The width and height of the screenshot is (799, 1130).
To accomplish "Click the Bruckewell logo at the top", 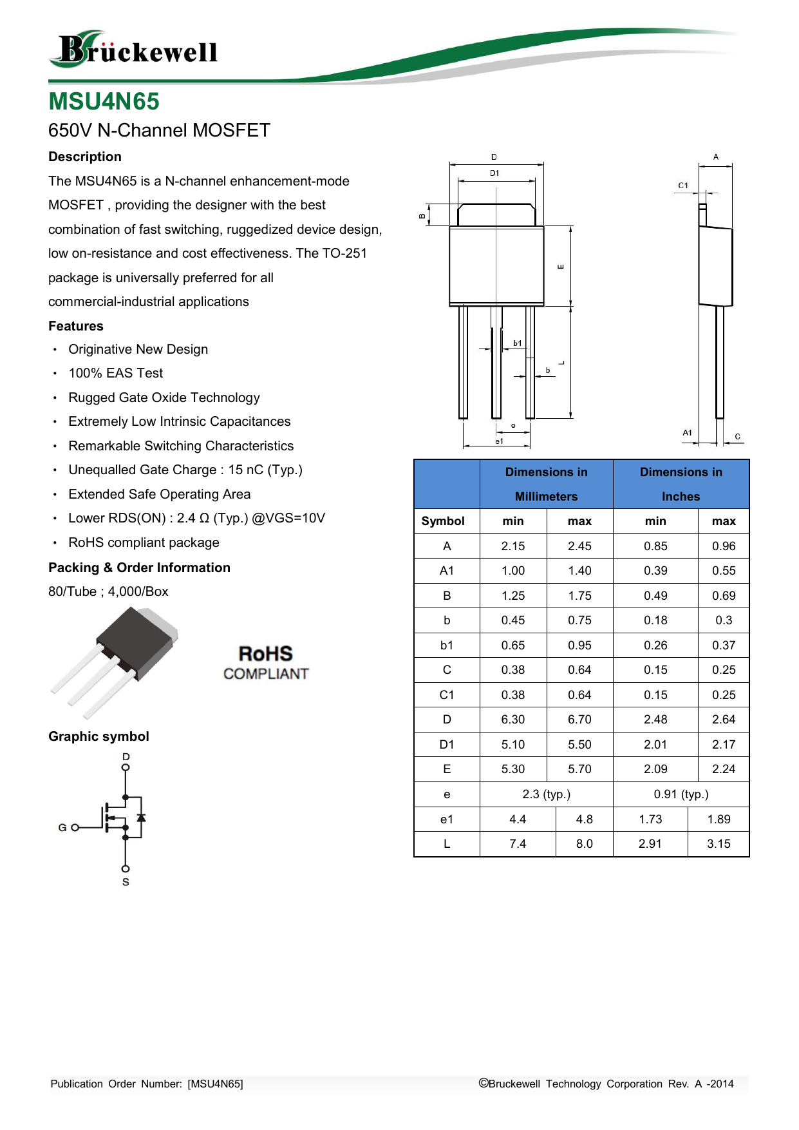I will [x=133, y=50].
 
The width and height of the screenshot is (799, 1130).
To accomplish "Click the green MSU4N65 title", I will [x=104, y=102].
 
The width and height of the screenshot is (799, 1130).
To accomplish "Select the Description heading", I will [x=85, y=157].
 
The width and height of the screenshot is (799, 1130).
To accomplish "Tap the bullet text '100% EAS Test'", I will [x=116, y=373].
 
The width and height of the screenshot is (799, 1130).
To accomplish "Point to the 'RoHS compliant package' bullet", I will [x=144, y=542].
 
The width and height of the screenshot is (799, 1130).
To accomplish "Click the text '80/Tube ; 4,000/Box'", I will [x=108, y=591].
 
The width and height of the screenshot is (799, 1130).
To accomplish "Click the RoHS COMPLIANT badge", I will [x=266, y=663].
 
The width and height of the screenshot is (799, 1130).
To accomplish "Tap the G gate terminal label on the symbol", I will [x=62, y=828].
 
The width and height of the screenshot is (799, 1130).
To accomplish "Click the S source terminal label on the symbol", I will [x=126, y=882].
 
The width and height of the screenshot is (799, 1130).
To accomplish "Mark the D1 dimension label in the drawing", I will [x=494, y=173].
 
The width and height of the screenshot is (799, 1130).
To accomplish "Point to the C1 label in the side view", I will [x=683, y=186].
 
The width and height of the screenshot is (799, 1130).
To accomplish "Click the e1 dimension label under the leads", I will [x=499, y=441].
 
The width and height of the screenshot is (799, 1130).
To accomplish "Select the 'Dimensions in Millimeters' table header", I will [x=546, y=484].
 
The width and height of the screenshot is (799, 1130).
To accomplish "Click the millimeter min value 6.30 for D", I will [x=513, y=720].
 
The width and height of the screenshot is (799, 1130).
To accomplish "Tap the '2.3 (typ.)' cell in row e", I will [x=546, y=794].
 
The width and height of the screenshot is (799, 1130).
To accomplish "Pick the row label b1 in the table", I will [x=447, y=646].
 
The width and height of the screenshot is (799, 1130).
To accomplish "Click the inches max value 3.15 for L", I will [x=719, y=844].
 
